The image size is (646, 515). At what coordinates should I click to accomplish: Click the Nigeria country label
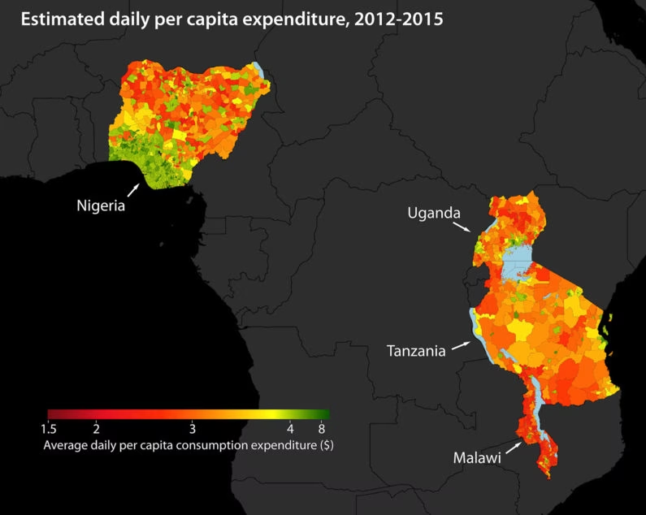click(x=99, y=205)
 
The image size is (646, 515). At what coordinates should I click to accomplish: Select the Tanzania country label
click(x=416, y=351)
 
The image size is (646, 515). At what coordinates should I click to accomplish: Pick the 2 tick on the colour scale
click(x=96, y=428)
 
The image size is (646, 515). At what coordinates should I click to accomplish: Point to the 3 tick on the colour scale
click(x=192, y=428)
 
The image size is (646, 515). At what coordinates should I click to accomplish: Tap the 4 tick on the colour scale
click(x=289, y=428)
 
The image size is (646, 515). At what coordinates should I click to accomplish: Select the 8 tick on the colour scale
click(x=323, y=428)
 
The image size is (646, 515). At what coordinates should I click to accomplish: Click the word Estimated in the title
click(x=56, y=21)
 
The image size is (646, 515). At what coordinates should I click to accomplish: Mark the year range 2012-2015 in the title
click(x=396, y=21)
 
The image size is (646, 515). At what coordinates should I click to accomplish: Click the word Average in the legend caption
click(x=65, y=445)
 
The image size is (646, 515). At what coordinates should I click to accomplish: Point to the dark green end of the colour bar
click(x=323, y=413)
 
